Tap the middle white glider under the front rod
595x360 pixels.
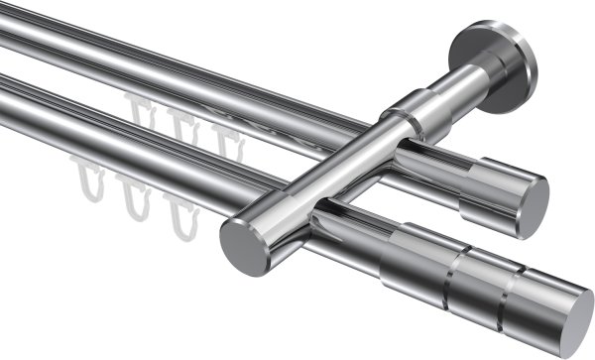click(x=132, y=196)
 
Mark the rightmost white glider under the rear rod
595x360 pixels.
click(x=224, y=140)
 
